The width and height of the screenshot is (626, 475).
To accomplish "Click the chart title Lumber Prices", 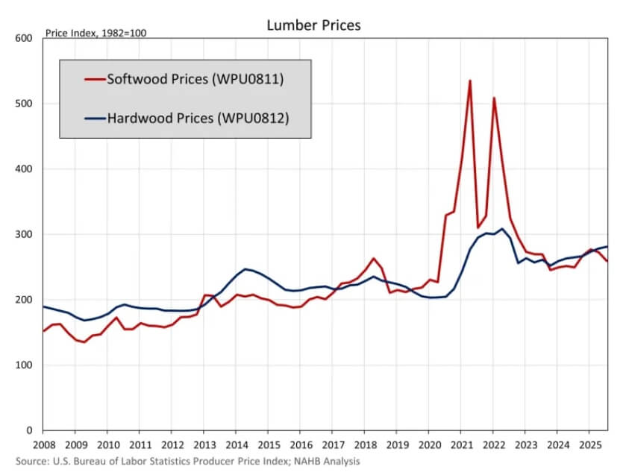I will tap(313, 25).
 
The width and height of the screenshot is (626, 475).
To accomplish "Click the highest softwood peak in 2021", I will tap(470, 81).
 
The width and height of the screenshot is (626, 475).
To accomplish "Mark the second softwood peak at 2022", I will tap(494, 98).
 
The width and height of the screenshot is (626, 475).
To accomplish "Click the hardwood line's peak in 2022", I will tap(502, 229).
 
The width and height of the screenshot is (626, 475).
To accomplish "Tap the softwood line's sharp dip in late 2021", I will tap(478, 227).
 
